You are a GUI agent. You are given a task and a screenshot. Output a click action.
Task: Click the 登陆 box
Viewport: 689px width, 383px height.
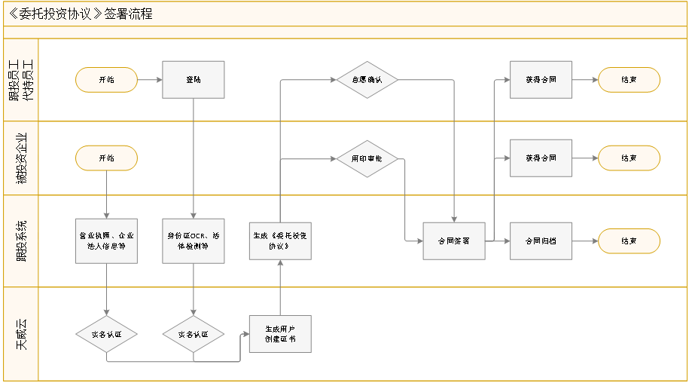click(194, 79)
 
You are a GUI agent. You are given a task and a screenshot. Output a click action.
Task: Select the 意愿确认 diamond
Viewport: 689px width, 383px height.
click(367, 79)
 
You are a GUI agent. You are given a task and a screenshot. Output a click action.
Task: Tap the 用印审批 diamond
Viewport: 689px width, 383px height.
click(367, 158)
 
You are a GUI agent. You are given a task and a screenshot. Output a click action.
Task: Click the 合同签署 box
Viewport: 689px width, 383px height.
click(453, 241)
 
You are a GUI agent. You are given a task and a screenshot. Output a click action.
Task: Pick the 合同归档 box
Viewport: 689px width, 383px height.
click(541, 241)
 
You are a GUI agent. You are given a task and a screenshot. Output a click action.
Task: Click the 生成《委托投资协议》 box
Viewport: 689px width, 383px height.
click(280, 241)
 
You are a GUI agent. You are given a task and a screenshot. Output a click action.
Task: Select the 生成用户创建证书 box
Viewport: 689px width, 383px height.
click(280, 334)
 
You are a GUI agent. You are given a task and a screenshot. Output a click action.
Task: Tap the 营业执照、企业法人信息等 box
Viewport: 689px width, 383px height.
click(106, 241)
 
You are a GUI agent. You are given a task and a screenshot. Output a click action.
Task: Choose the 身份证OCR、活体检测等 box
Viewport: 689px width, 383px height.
click(194, 241)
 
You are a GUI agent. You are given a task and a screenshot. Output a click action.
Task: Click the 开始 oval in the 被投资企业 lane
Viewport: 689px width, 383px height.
click(106, 158)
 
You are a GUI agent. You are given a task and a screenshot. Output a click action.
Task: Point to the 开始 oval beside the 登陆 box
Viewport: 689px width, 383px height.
click(106, 79)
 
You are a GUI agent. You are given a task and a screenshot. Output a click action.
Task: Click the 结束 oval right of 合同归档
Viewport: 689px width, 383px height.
click(629, 241)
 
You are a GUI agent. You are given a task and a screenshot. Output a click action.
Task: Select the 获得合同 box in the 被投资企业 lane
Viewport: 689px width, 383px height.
click(541, 158)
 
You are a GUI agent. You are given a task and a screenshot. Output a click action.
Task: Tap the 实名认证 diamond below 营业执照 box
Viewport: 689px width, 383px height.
click(106, 334)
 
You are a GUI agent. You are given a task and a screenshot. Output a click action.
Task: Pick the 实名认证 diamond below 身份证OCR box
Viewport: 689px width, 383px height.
click(194, 334)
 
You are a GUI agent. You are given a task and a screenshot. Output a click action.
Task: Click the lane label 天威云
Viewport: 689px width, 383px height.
click(21, 334)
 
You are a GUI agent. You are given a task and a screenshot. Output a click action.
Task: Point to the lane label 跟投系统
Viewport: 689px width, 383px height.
click(21, 241)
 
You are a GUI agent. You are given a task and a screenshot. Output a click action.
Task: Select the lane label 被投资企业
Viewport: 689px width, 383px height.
click(21, 158)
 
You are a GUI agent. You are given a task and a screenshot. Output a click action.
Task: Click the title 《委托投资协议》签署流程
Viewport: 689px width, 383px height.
click(78, 14)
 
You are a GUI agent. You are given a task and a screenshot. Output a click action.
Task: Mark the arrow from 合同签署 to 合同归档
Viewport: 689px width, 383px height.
click(498, 241)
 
